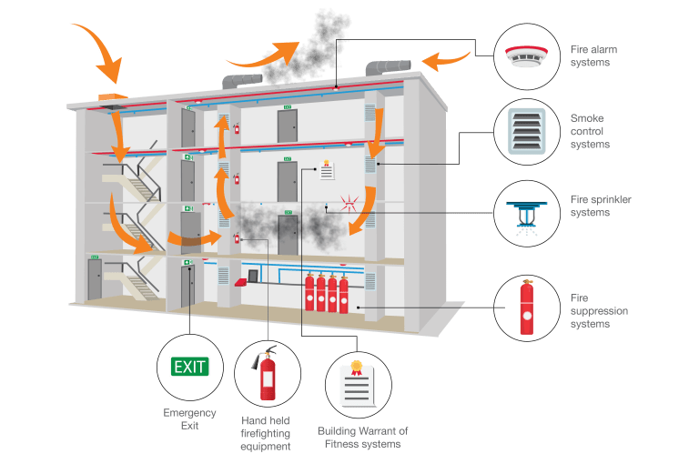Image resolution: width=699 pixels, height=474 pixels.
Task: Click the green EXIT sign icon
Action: point(189,368)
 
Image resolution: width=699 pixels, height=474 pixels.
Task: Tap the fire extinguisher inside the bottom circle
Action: point(268,375)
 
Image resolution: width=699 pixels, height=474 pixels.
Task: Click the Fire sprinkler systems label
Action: point(600,205)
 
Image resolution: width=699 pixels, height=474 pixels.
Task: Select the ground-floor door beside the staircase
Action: point(95,279)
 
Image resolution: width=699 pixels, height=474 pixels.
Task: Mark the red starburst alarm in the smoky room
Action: point(346,201)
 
